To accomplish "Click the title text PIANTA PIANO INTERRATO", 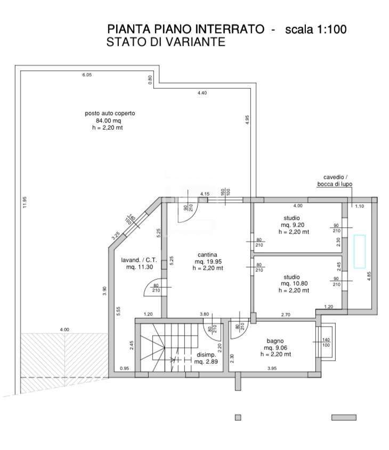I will [x=185, y=29].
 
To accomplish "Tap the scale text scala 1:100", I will [x=316, y=29].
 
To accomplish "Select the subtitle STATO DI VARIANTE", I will [x=166, y=42].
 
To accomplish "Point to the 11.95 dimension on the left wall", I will [x=25, y=203].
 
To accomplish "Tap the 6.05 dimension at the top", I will [x=87, y=76].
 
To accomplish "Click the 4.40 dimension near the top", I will [x=202, y=93].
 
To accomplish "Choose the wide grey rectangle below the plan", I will [x=344, y=418].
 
